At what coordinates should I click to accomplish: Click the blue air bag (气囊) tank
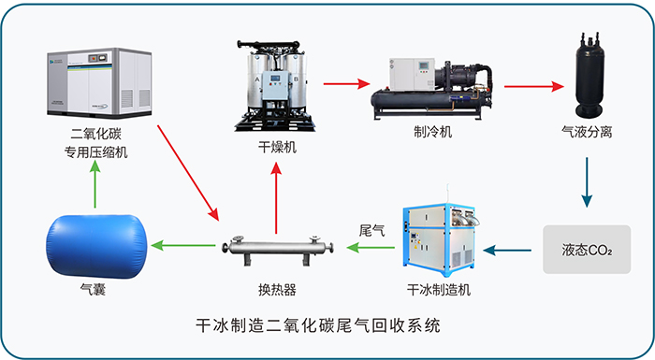96,246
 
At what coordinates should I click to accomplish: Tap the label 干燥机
277,148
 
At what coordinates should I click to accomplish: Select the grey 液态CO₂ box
587,250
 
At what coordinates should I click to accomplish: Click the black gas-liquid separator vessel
589,75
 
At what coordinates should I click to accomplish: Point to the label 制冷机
432,132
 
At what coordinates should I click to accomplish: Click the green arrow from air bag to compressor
95,184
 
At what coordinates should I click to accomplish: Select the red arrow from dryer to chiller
347,83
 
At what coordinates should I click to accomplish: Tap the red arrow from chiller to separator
534,86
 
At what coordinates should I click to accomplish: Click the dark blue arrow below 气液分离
587,182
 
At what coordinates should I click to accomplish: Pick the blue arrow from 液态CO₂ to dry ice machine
507,251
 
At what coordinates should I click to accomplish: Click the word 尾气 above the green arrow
371,231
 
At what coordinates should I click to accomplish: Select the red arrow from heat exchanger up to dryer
276,198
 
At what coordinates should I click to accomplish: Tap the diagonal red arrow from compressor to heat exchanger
188,173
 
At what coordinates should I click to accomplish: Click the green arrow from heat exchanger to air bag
183,245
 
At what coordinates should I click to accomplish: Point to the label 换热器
277,290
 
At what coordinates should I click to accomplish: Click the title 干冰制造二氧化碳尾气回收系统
318,325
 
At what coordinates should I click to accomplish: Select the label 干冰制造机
439,290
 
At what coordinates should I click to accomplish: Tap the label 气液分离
587,132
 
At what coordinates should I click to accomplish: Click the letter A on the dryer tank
257,79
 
